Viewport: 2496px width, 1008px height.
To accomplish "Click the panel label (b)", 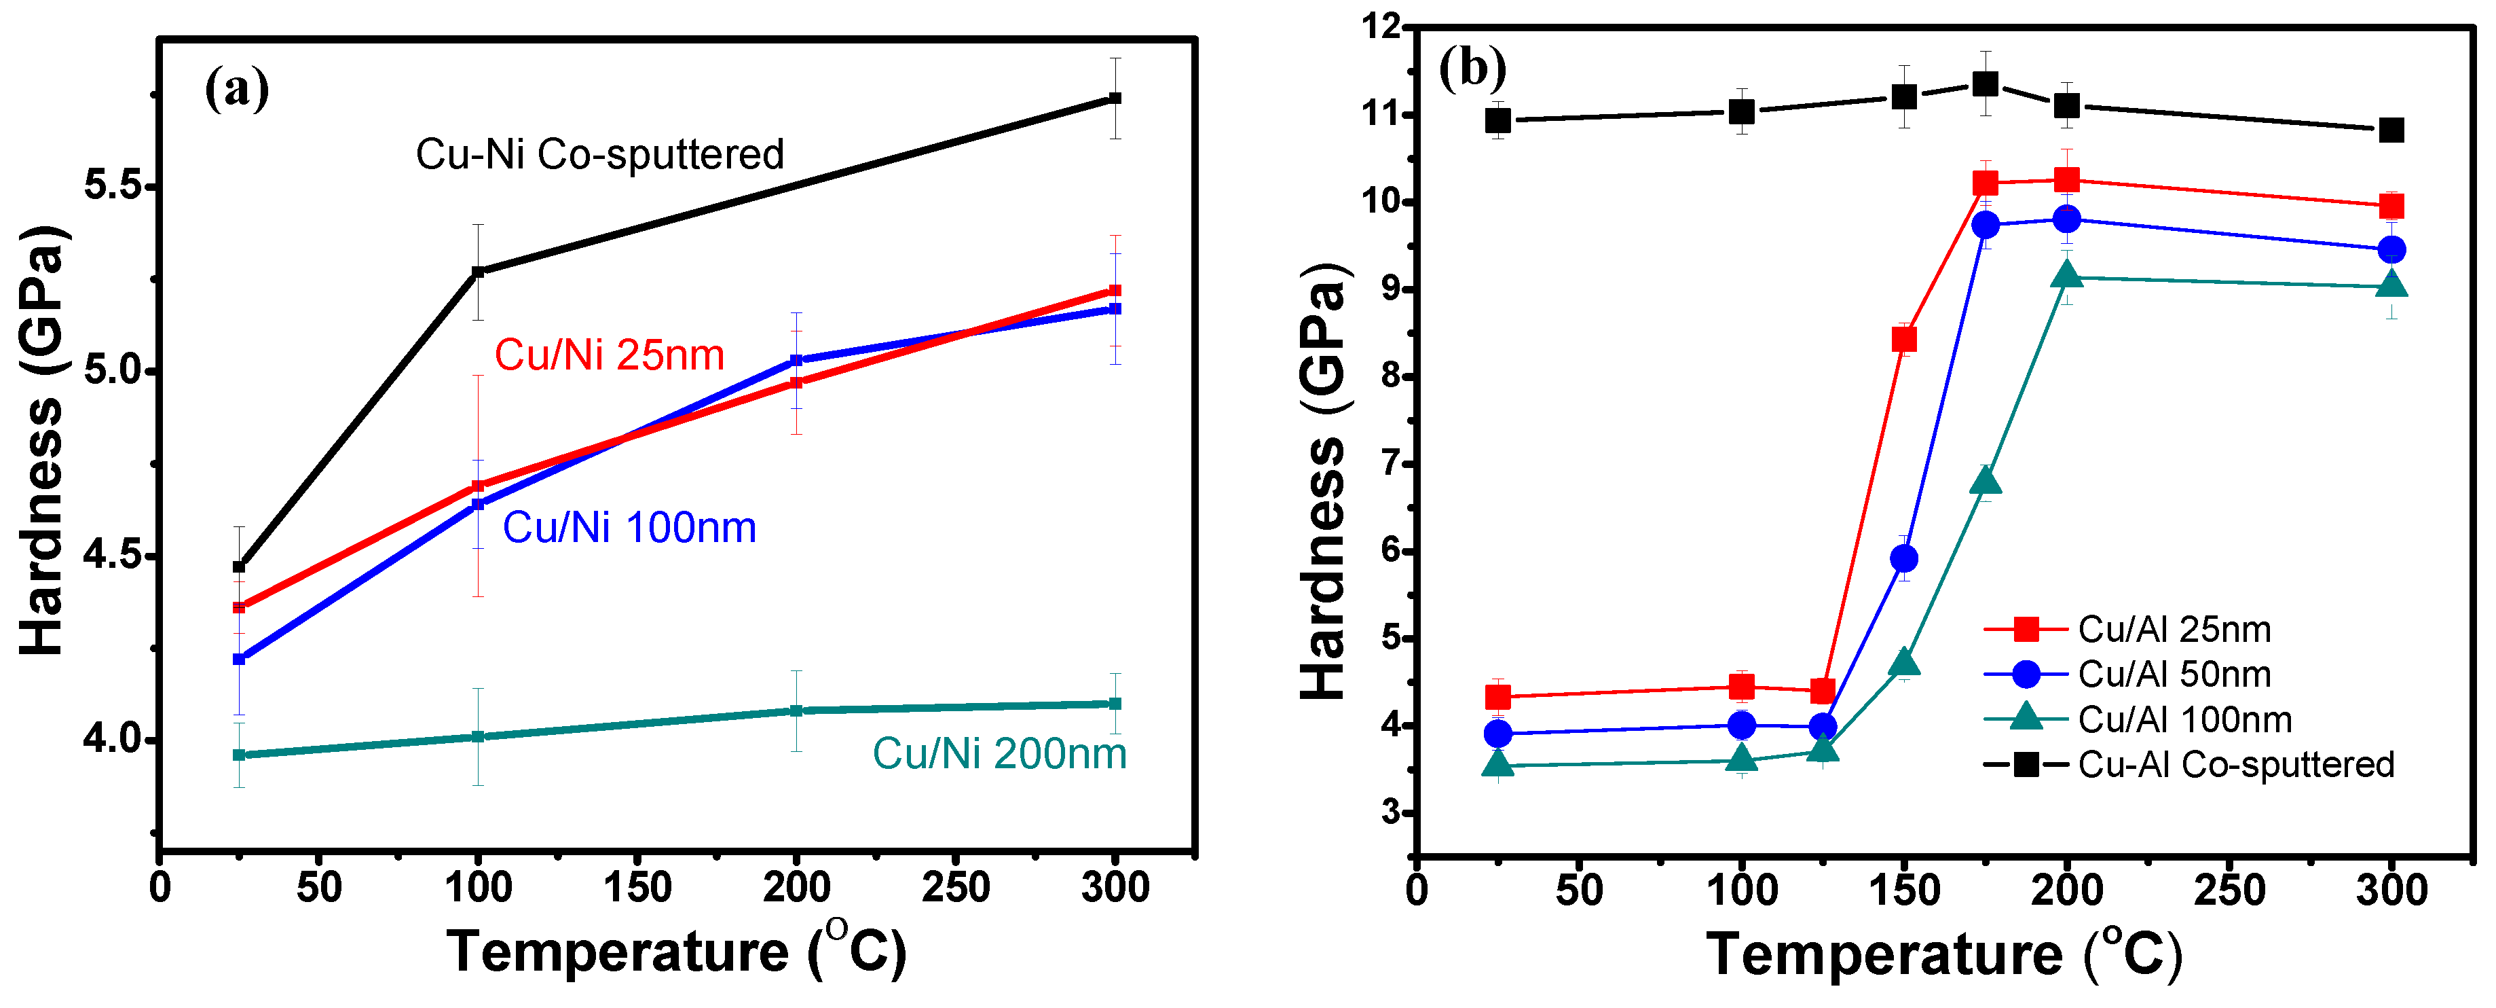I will (x=1472, y=69).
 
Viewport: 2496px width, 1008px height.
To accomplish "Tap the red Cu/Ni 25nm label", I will (x=610, y=356).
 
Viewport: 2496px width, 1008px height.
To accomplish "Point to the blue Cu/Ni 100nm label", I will (x=629, y=528).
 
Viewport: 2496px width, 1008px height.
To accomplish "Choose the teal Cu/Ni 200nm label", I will (x=999, y=754).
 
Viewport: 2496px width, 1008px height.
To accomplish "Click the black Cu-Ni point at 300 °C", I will (x=1115, y=98).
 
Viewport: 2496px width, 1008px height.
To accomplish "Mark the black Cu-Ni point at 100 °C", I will (x=478, y=272).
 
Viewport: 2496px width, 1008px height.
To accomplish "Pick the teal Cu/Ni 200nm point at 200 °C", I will (x=796, y=710).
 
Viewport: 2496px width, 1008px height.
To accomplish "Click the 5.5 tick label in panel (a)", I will (x=111, y=185).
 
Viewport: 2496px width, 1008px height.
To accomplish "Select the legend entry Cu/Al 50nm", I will (x=2174, y=674).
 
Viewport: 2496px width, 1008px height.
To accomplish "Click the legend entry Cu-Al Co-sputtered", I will (x=2235, y=765).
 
